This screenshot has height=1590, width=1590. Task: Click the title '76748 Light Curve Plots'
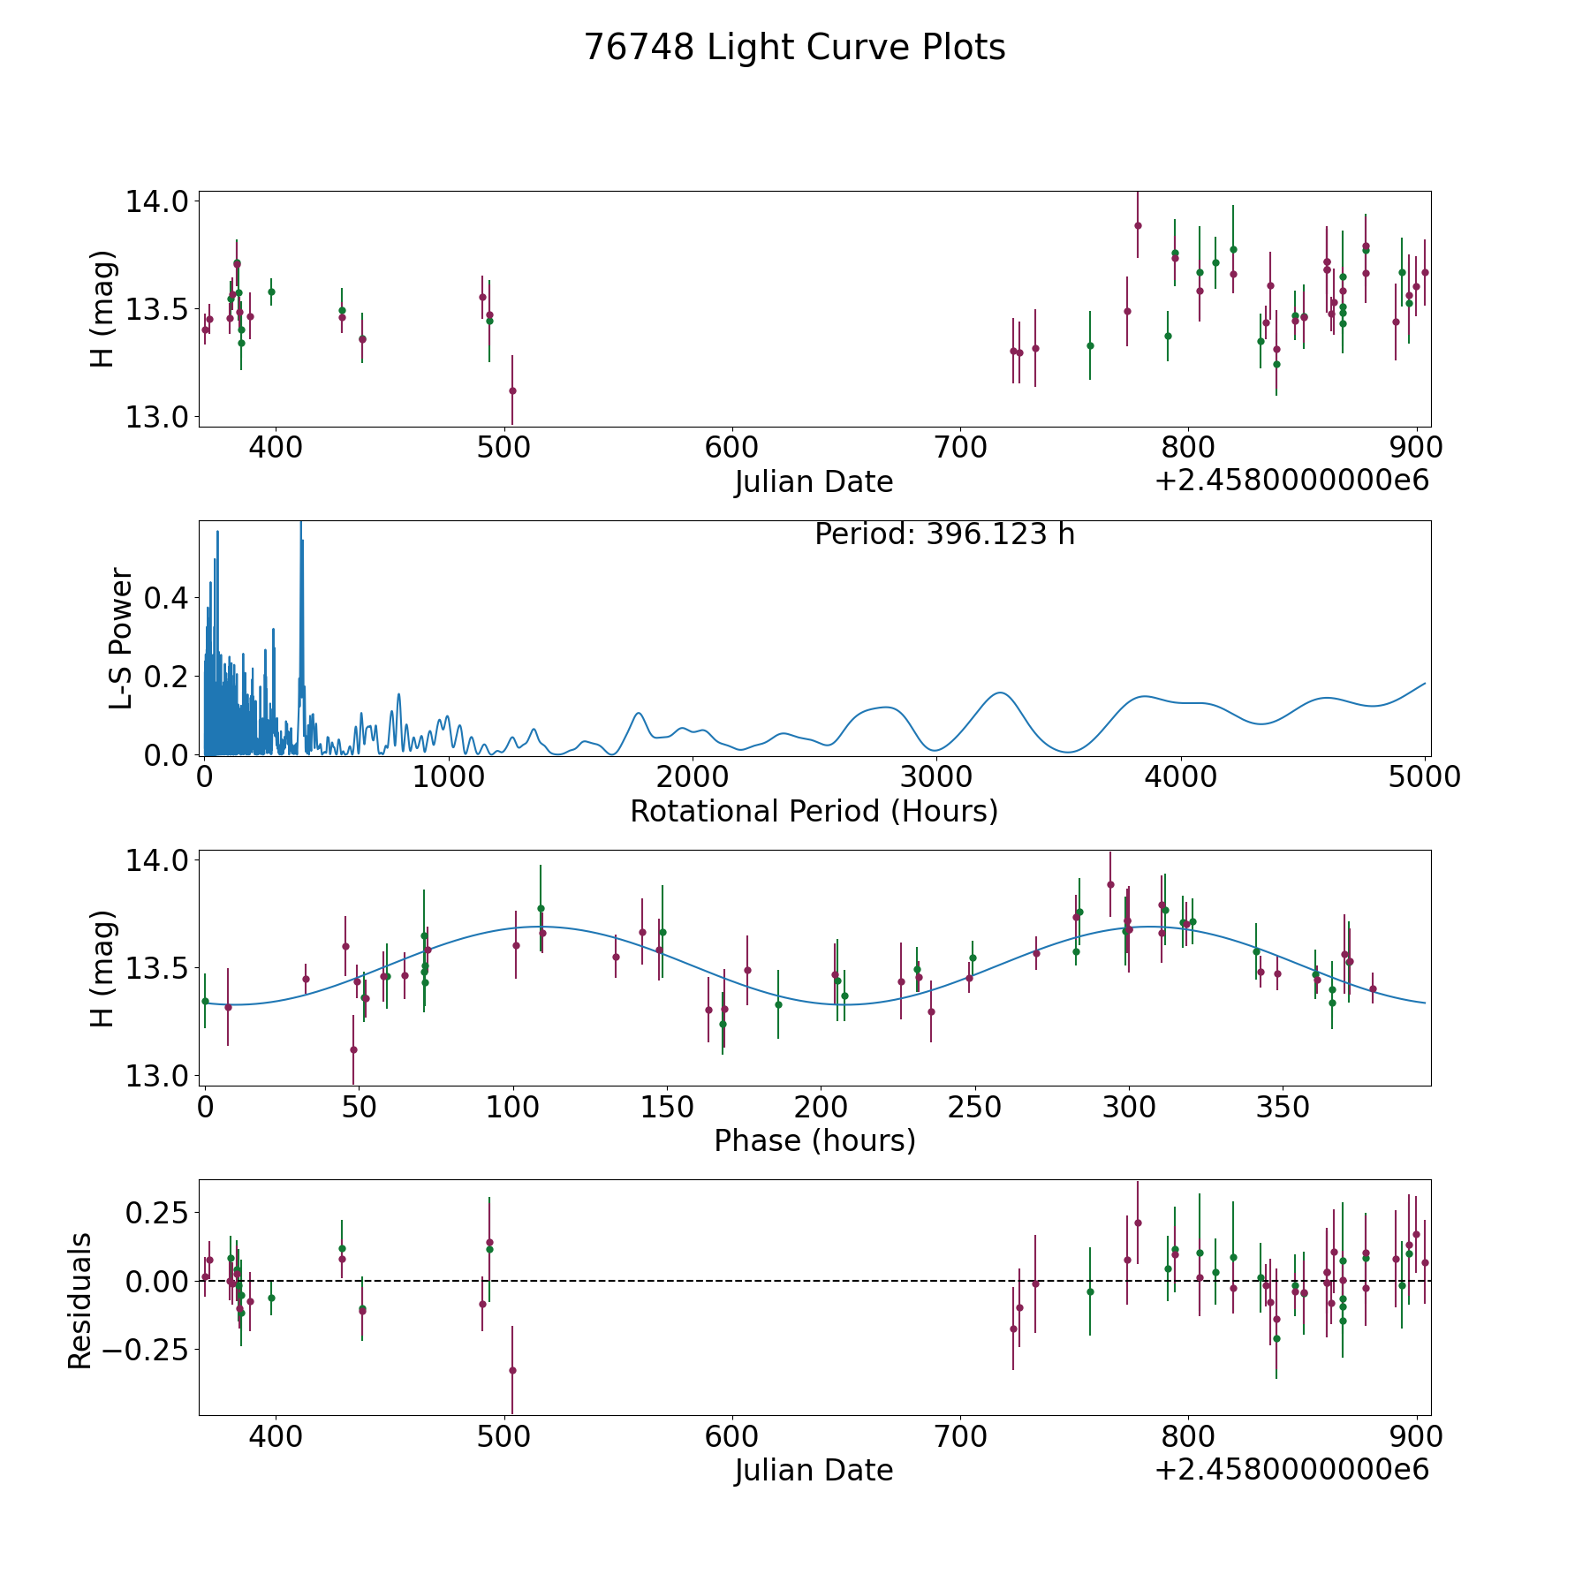794,48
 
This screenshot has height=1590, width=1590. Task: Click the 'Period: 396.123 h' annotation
944,534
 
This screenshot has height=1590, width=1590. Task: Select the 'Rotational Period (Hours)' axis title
814,811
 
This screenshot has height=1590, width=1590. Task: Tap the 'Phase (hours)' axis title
814,1140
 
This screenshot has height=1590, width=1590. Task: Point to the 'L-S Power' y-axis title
122,638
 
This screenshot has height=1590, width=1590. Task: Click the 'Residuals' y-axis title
80,1300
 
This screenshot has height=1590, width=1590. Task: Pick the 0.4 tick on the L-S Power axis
167,598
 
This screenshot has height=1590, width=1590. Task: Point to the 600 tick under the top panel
732,447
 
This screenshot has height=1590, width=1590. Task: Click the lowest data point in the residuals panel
512,1370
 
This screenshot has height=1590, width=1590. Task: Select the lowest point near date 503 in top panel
512,390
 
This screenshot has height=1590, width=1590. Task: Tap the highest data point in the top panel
1138,225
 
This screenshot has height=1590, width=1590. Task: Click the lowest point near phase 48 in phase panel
353,1049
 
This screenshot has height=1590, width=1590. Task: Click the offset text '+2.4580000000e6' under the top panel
1291,481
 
